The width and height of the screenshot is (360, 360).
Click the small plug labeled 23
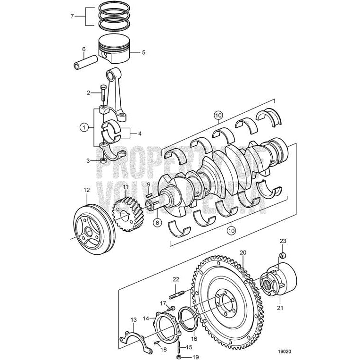point(283,255)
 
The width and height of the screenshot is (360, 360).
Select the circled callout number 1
point(84,127)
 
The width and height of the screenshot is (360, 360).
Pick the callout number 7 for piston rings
point(72,16)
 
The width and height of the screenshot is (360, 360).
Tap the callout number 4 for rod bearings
point(139,134)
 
